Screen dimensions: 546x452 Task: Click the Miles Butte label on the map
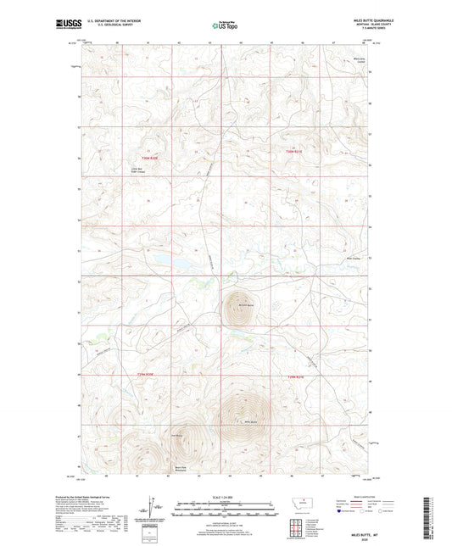[x=250, y=423]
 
